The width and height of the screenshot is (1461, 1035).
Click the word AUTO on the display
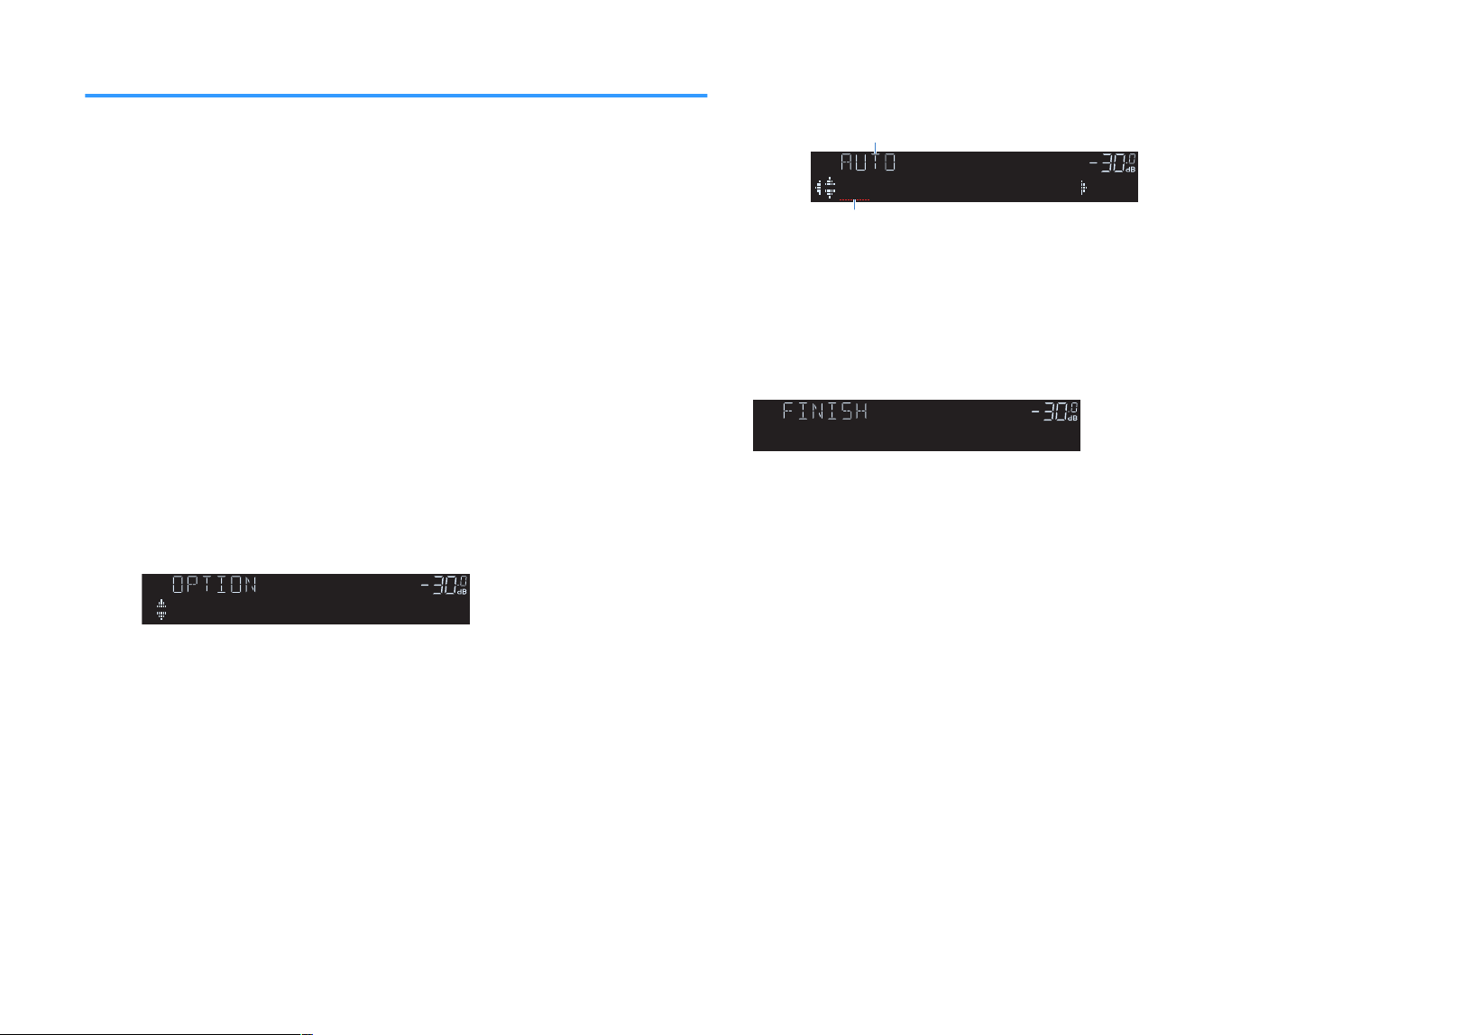pyautogui.click(x=868, y=162)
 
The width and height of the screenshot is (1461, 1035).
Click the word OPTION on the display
pyautogui.click(x=215, y=584)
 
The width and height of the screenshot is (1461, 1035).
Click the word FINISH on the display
pyautogui.click(x=825, y=411)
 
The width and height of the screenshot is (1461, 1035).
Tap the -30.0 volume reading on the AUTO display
pyautogui.click(x=1111, y=163)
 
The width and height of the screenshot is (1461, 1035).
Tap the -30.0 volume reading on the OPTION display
pyautogui.click(x=444, y=586)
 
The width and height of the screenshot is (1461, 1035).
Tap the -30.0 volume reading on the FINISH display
pyautogui.click(x=1054, y=411)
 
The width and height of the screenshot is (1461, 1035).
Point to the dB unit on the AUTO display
pyautogui.click(x=1130, y=170)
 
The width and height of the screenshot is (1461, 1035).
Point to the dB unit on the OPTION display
pyautogui.click(x=462, y=592)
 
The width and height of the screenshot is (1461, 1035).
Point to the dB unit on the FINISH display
pyautogui.click(x=1073, y=419)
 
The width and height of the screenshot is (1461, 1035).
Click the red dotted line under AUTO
pyautogui.click(x=854, y=199)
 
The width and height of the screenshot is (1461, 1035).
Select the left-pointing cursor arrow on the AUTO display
pyautogui.click(x=819, y=188)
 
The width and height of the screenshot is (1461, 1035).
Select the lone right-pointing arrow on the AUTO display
pyautogui.click(x=1083, y=188)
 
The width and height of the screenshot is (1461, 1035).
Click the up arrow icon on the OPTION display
pyautogui.click(x=161, y=604)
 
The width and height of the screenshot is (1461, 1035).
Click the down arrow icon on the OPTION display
pyautogui.click(x=161, y=615)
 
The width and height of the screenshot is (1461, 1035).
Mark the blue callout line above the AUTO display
pyautogui.click(x=876, y=149)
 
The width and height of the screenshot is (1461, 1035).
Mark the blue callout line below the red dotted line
pyautogui.click(x=854, y=205)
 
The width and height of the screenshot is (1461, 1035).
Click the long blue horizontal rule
pyautogui.click(x=396, y=96)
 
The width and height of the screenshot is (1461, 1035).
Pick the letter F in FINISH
pyautogui.click(x=788, y=411)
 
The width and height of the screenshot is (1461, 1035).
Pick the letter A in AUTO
pyautogui.click(x=847, y=162)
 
